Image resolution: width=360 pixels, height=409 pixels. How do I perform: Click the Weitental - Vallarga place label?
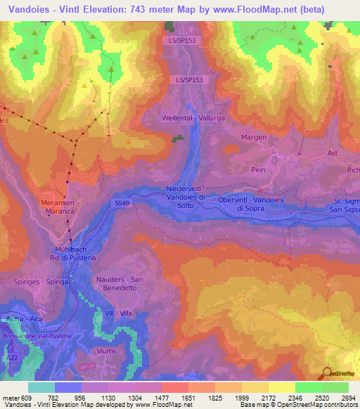point(193,119)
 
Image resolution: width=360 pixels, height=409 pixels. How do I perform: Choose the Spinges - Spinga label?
point(32,281)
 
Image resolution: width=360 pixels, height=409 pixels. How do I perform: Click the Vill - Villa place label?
point(117,313)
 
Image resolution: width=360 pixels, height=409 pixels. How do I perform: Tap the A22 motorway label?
point(11,358)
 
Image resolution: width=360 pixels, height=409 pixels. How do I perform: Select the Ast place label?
point(333,152)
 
